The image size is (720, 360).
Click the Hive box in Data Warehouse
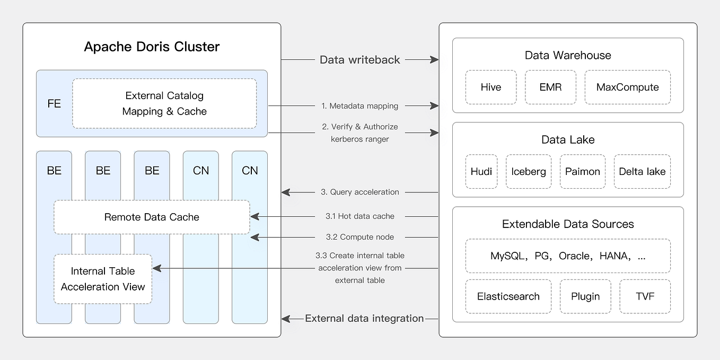point(491,87)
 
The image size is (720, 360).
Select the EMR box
point(551,87)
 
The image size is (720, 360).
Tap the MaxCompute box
point(627,87)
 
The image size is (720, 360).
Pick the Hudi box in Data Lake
point(481,171)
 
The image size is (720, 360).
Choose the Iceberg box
point(529,171)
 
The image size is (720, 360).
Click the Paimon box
point(583,171)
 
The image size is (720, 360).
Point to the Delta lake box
point(642,171)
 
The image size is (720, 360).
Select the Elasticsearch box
point(508,296)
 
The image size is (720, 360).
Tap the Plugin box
point(585,296)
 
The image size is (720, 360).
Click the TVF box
point(645,296)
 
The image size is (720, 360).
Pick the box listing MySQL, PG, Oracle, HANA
point(568,256)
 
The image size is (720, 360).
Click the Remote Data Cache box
point(152,217)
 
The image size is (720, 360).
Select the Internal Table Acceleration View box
point(103,279)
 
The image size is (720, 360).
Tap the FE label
point(54,103)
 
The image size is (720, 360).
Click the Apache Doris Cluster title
point(152,47)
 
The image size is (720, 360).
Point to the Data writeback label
point(359,60)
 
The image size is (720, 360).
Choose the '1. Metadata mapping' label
point(359,106)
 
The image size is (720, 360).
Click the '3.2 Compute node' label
point(359,237)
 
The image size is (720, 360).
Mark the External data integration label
point(364,318)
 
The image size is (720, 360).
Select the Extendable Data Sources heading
point(568,224)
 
